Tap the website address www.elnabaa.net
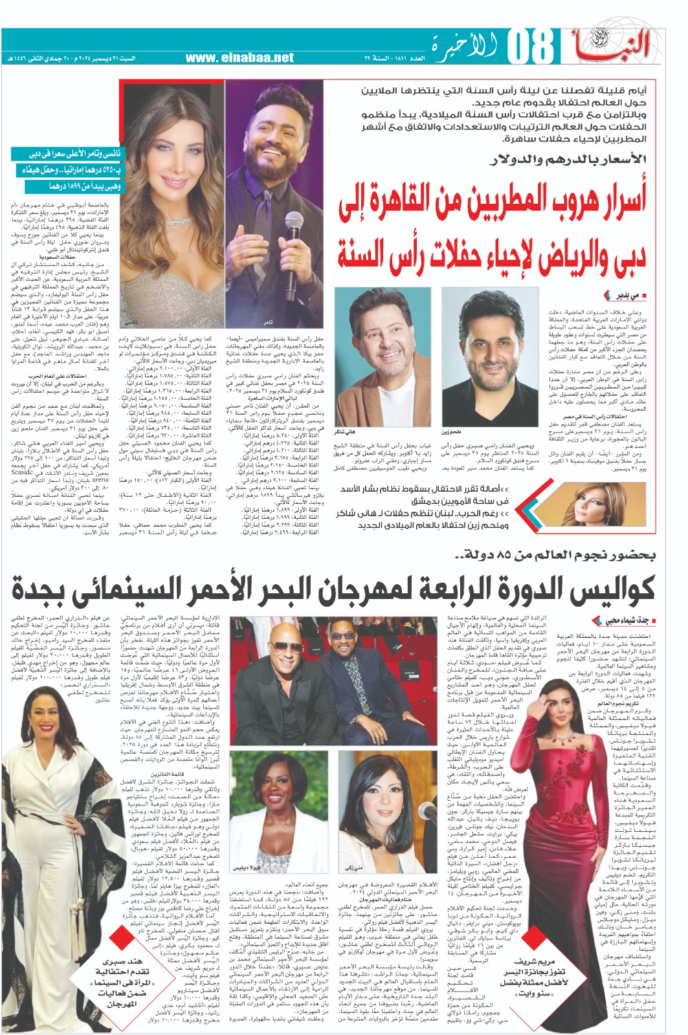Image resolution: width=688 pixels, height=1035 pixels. [x=239, y=58]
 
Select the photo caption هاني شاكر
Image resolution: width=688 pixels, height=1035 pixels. [x=344, y=431]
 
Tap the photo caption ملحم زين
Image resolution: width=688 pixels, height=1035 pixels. [x=451, y=431]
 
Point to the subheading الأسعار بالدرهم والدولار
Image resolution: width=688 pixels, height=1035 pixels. [x=570, y=159]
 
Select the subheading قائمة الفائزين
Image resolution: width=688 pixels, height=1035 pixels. [x=151, y=774]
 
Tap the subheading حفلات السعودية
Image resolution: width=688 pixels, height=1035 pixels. [x=76, y=257]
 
